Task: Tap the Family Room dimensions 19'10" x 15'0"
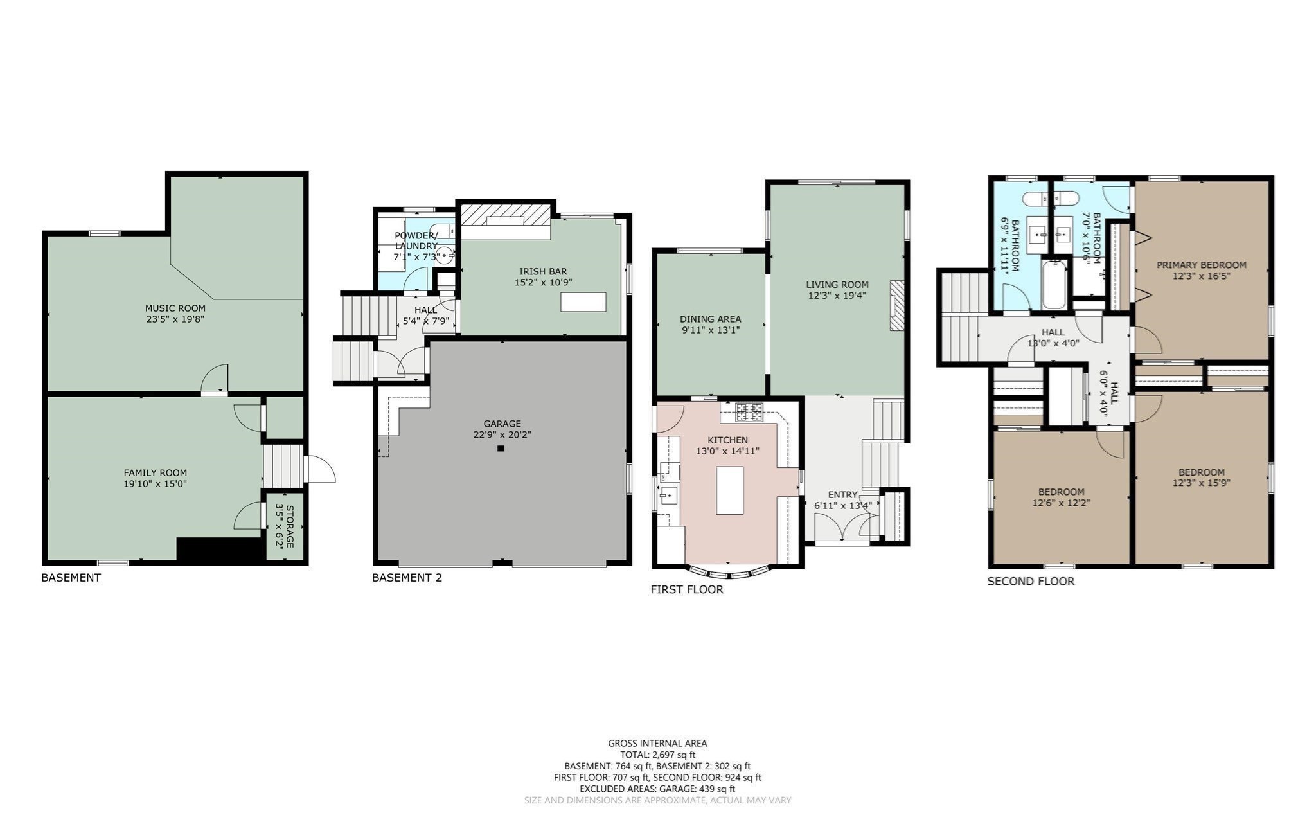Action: click(x=156, y=484)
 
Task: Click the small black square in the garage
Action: click(x=501, y=449)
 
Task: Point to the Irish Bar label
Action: click(x=543, y=271)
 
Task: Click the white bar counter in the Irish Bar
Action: click(x=583, y=302)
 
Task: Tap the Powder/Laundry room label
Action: click(x=416, y=240)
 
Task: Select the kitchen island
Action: click(x=729, y=490)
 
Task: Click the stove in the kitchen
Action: click(x=749, y=412)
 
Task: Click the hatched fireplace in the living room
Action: click(x=896, y=306)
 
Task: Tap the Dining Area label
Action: click(x=710, y=319)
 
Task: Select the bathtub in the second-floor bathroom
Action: click(x=1054, y=285)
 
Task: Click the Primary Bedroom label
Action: click(x=1201, y=265)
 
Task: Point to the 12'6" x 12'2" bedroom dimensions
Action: click(x=1061, y=503)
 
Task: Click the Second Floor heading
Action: click(x=1030, y=582)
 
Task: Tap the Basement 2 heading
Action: click(x=407, y=578)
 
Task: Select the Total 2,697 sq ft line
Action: click(x=657, y=755)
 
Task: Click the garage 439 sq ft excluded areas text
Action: click(x=657, y=789)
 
